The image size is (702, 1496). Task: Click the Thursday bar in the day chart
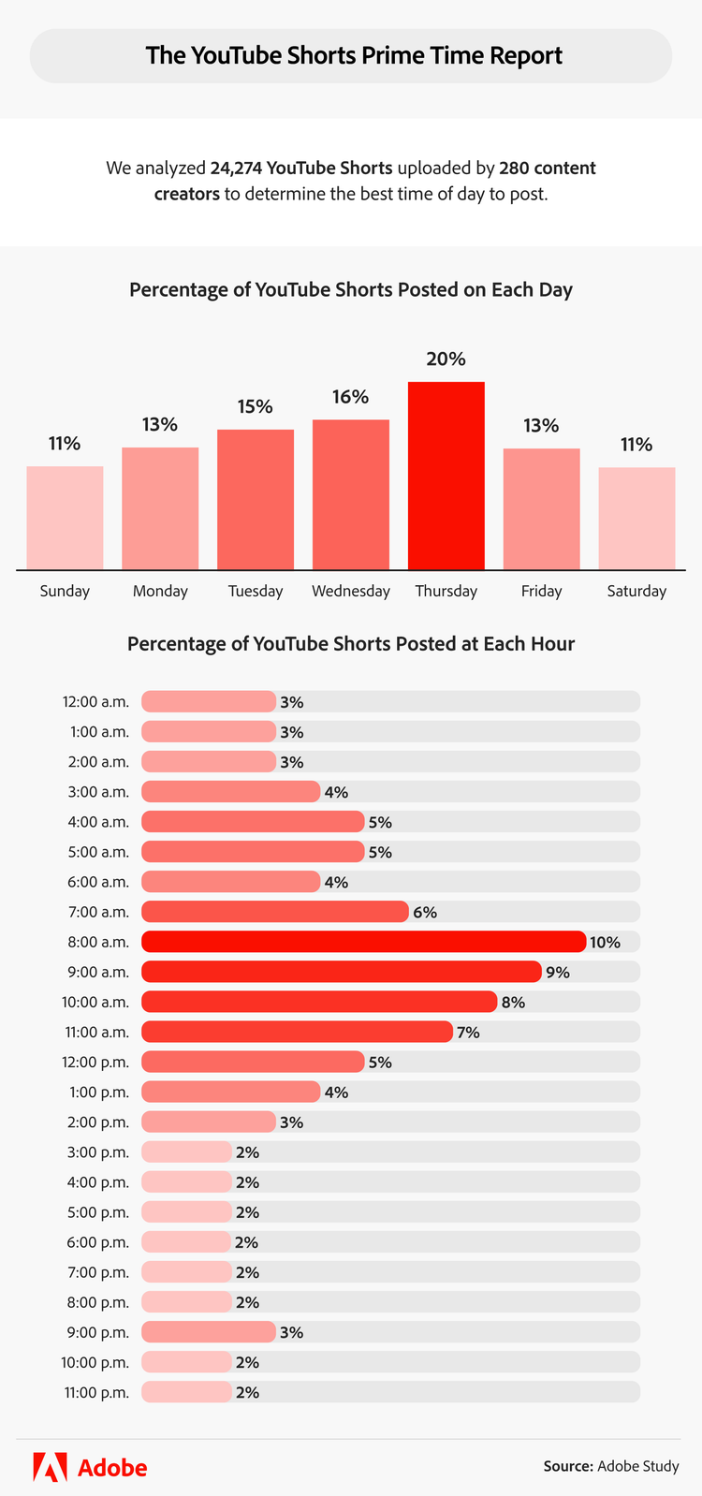click(446, 476)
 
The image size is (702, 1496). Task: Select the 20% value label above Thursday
click(446, 359)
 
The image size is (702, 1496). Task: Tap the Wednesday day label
click(351, 591)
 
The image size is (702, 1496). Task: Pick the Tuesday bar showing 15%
click(256, 499)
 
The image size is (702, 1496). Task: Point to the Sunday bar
click(65, 518)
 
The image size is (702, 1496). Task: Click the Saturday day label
click(636, 591)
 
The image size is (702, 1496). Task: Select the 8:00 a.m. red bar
click(363, 942)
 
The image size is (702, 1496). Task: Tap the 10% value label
click(605, 943)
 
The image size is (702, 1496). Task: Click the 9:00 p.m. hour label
click(96, 1332)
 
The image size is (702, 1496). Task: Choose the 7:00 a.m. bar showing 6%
click(275, 912)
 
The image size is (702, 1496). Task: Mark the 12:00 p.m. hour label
click(96, 1063)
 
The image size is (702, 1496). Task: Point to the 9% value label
click(558, 973)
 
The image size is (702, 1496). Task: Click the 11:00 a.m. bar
click(297, 1032)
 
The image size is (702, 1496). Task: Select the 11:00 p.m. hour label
click(96, 1392)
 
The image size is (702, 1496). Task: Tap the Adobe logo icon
click(50, 1467)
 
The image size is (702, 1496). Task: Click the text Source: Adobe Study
click(611, 1466)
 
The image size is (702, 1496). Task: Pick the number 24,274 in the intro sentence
click(235, 169)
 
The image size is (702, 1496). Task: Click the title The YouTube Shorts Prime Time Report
click(354, 55)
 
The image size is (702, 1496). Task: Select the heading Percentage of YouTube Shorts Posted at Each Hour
click(351, 644)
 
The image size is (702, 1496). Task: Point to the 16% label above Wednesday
click(350, 397)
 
